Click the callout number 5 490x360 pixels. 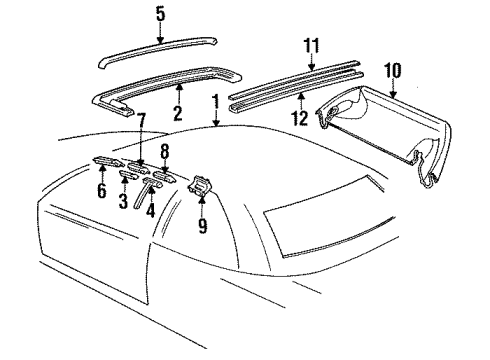coord(161,15)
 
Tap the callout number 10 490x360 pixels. coord(393,70)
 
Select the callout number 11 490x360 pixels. coord(311,46)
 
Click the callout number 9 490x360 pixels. coord(203,225)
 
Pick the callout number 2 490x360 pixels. coord(178,113)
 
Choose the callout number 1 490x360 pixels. coord(216,102)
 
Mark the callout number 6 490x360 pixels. coord(102,190)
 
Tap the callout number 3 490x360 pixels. coord(123,201)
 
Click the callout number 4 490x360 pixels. coord(151,210)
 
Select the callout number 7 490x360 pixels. coord(141,121)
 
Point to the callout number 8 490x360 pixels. coord(165,151)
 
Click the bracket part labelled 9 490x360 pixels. coord(199,186)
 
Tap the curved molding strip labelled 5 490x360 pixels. coord(158,52)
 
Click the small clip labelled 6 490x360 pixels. coord(108,161)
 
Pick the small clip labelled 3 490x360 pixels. coord(128,174)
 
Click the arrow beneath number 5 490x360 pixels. coord(160,34)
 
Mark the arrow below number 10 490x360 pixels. coord(393,89)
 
